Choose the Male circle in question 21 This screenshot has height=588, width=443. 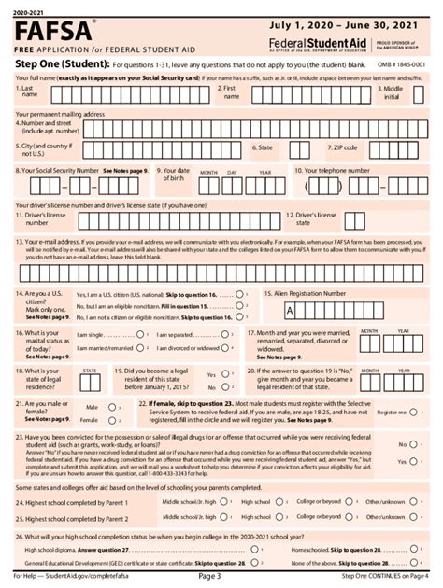[121, 408]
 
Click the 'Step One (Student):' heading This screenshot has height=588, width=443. [54, 64]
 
